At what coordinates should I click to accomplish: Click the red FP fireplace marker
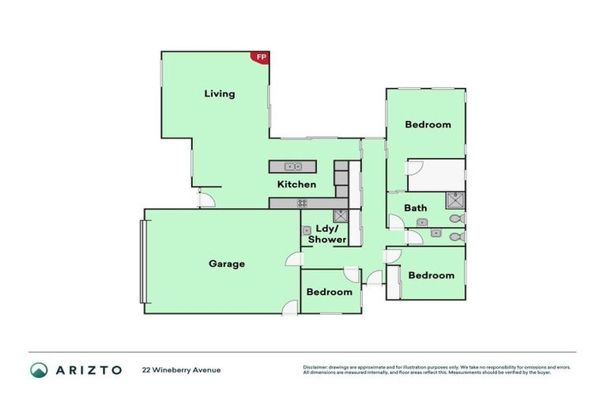[261, 57]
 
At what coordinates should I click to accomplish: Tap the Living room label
[220, 93]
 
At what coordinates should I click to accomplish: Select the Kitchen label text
[296, 184]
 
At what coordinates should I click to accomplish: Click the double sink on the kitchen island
[292, 166]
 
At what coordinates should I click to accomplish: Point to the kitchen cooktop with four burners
[302, 203]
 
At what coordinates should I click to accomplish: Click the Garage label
[227, 263]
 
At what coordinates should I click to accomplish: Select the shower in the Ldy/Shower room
[341, 216]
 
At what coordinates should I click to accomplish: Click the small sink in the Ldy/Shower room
[306, 230]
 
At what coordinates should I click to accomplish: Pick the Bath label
[416, 208]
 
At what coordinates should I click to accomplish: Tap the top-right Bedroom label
[428, 124]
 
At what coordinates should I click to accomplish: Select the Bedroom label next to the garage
[330, 292]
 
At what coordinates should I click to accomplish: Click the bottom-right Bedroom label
[431, 275]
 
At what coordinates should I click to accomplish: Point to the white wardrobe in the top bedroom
[435, 175]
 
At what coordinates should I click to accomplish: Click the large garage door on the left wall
[142, 261]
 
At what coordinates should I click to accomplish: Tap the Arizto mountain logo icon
[39, 369]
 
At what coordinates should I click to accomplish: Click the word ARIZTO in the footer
[88, 369]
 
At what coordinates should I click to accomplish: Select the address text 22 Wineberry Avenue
[181, 369]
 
